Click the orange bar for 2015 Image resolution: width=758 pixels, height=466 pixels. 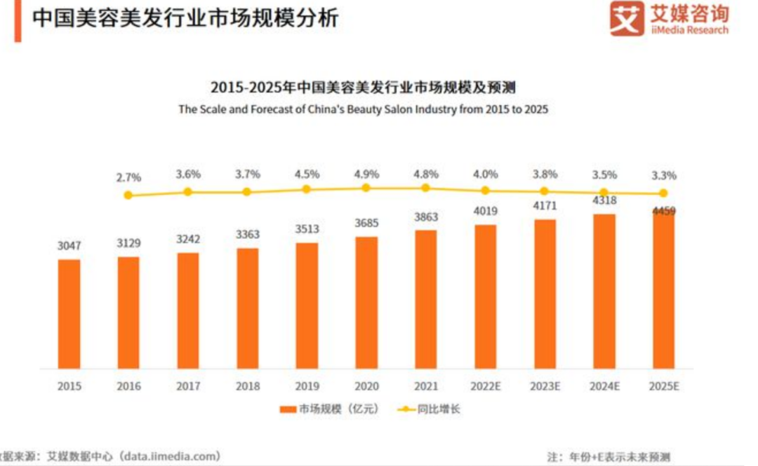(x=69, y=314)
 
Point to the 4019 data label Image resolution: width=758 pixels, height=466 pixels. (x=486, y=210)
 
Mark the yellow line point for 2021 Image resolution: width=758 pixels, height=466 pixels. (x=425, y=188)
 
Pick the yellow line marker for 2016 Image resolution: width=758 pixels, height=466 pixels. (x=128, y=195)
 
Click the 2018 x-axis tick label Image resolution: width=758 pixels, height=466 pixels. (x=248, y=386)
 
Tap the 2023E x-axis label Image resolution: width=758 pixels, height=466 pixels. (x=545, y=386)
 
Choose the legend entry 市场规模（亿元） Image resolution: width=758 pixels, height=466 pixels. (x=329, y=409)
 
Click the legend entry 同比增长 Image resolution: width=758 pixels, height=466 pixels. (x=428, y=409)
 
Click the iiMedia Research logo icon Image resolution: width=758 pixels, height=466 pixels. (x=626, y=18)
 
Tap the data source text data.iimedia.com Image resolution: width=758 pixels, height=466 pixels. (x=172, y=455)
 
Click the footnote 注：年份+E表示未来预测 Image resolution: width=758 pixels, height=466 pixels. (x=609, y=457)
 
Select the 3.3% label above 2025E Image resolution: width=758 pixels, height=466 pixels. (x=664, y=176)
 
